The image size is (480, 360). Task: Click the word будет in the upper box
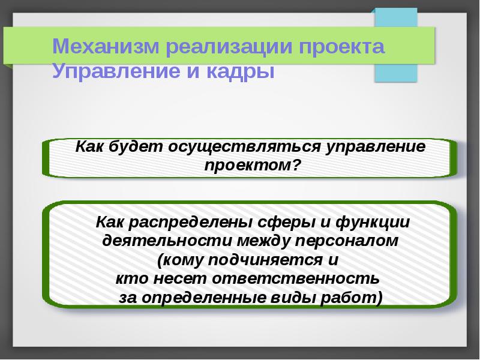click(x=140, y=148)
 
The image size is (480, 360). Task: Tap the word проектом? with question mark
click(x=252, y=164)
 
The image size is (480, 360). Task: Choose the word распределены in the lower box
click(x=191, y=222)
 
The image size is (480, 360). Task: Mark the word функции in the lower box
click(x=373, y=222)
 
